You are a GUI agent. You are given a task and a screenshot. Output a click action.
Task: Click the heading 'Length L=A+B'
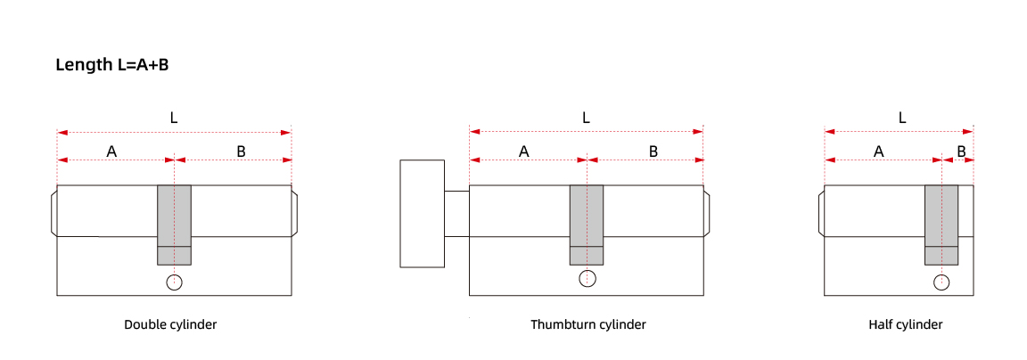[112, 65]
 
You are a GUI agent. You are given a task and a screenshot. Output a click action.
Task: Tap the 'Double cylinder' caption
[170, 324]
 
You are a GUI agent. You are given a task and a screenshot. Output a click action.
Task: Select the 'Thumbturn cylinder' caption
[588, 324]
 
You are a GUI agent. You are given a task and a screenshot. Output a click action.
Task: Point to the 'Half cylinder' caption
[906, 324]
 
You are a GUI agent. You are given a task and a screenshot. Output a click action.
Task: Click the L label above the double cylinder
[174, 118]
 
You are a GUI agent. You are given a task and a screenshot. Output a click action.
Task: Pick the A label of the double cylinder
[112, 151]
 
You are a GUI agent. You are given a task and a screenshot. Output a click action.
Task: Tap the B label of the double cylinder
[241, 151]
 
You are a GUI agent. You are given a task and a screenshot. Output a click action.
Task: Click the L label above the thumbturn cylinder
[587, 118]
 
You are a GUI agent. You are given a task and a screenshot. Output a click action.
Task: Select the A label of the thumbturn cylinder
[524, 151]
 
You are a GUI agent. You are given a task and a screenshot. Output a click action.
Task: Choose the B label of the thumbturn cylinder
[653, 151]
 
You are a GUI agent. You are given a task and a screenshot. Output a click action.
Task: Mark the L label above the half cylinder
[902, 118]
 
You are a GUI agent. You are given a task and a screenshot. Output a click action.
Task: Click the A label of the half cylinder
[879, 151]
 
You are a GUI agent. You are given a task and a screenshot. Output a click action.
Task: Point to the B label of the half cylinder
[962, 151]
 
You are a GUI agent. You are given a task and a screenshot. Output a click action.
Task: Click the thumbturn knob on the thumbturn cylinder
[423, 213]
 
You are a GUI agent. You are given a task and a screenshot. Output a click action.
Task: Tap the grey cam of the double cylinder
[174, 225]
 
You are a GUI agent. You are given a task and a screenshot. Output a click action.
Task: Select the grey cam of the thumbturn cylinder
[587, 225]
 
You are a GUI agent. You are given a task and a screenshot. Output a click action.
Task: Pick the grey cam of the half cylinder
[941, 225]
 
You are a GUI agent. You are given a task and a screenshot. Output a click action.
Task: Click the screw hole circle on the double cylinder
[174, 282]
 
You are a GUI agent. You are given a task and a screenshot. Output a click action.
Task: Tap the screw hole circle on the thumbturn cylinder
[587, 278]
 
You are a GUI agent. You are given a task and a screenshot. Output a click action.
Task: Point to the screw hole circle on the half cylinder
[941, 282]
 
